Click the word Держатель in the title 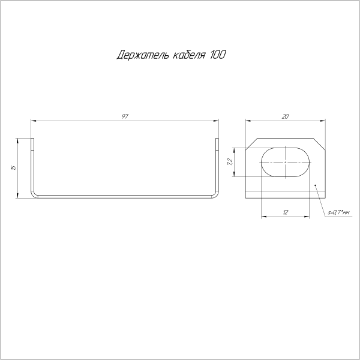140,56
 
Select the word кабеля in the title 187,56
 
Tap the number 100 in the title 218,56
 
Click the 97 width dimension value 125,115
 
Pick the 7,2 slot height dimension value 230,161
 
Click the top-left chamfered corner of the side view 251,143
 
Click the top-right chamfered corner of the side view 319,143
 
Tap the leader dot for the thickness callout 316,185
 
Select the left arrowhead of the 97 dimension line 33,120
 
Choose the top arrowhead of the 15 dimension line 19,140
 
